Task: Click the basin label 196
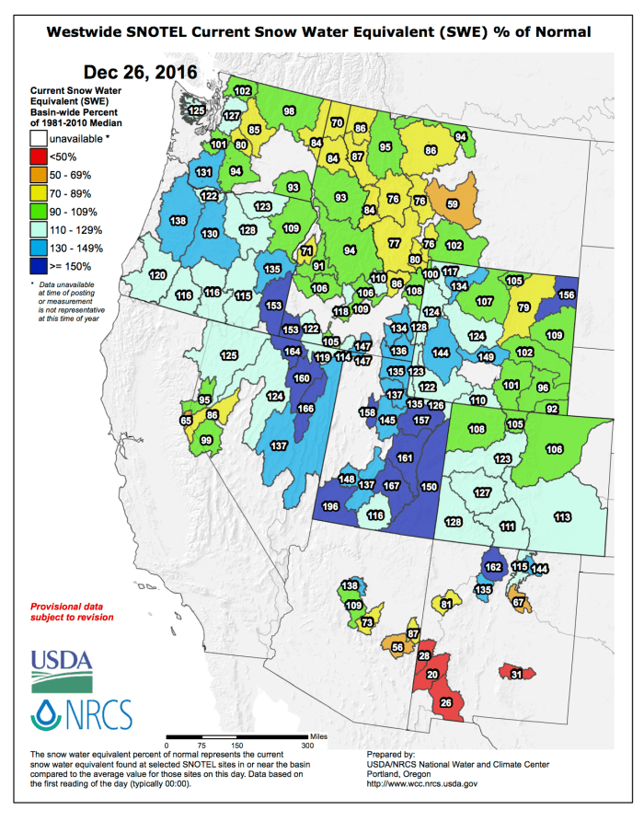pyautogui.click(x=329, y=507)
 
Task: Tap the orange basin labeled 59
pyautogui.click(x=453, y=203)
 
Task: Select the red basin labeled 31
pyautogui.click(x=517, y=675)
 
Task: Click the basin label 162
pyautogui.click(x=493, y=567)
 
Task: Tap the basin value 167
pyautogui.click(x=391, y=485)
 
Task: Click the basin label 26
pyautogui.click(x=446, y=703)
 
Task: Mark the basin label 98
pyautogui.click(x=289, y=110)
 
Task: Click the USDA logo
pyautogui.click(x=62, y=669)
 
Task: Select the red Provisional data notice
pyautogui.click(x=73, y=612)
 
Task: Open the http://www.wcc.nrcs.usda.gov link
pyautogui.click(x=421, y=782)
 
